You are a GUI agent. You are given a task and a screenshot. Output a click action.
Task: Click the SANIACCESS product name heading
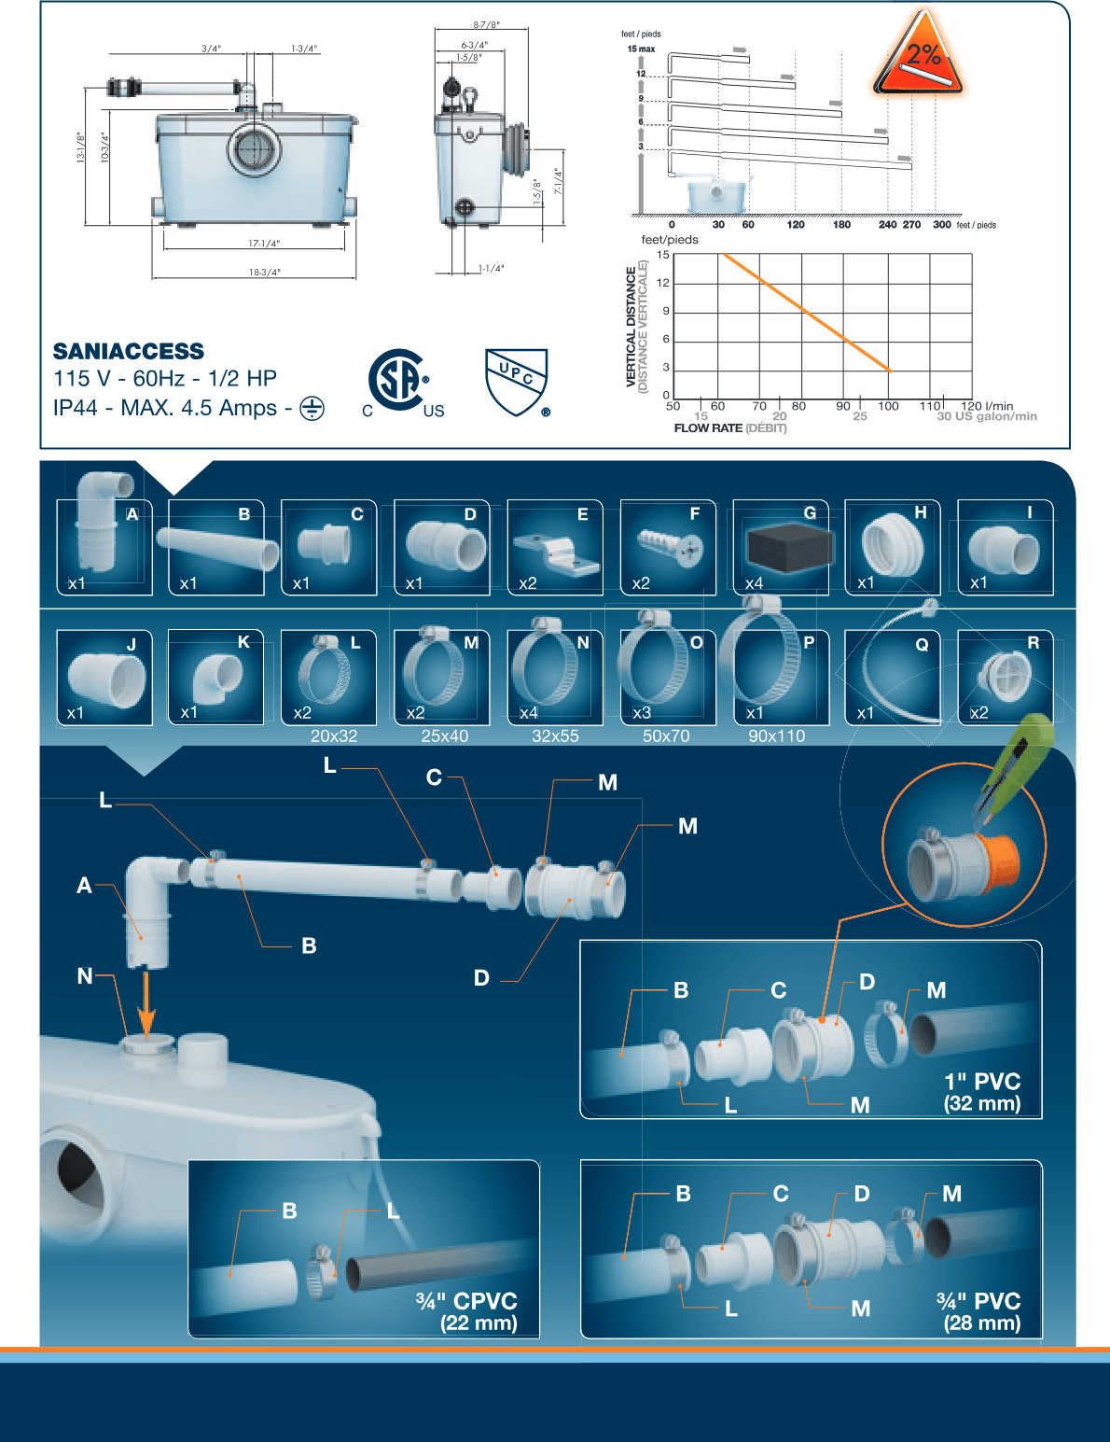129,352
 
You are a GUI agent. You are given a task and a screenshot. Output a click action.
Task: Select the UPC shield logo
516,381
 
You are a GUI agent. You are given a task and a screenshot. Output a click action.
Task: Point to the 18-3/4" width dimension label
264,273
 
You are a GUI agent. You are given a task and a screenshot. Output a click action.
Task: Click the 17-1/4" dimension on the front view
264,244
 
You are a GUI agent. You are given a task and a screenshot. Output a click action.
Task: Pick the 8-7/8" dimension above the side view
486,25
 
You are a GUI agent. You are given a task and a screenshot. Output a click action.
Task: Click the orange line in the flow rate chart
807,312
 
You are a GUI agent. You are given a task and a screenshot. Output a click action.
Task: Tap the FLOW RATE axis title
709,428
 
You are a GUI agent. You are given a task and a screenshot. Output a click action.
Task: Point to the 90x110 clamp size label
776,736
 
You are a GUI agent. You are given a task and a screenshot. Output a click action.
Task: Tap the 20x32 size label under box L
334,736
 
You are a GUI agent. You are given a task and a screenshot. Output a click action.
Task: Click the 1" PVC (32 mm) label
982,1092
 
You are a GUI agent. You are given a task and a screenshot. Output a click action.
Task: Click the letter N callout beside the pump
85,976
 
